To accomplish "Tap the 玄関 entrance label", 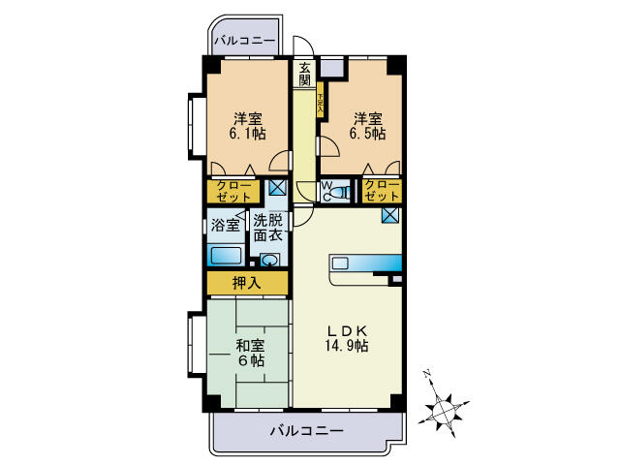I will coord(305,75).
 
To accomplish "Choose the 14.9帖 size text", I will coord(346,346).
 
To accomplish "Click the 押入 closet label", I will coord(246,283).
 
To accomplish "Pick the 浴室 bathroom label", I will coord(226,226).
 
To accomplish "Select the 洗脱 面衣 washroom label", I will coord(267,227).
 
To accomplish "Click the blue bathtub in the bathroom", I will coord(226,257).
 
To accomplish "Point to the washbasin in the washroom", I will coord(269,260).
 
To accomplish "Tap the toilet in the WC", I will coord(334,193).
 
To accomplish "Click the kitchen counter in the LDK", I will coord(364,263).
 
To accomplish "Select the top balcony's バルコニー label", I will coord(245,43).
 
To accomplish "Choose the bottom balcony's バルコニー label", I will coord(306,430).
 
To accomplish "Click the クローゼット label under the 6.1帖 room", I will coord(233,190).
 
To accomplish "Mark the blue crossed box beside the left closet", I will coord(277,188).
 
